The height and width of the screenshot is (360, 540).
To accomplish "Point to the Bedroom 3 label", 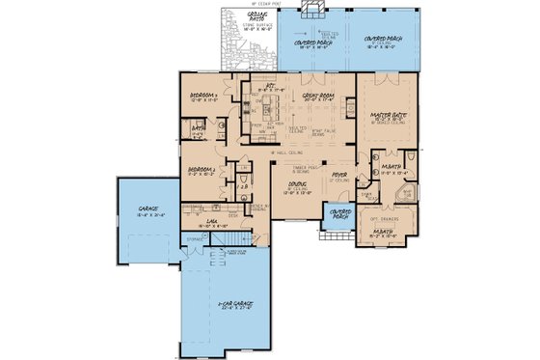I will tap(205, 95).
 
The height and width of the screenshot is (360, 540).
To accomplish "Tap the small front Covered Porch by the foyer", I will tap(339, 213).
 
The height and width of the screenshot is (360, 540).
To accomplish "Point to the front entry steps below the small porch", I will tap(339, 229).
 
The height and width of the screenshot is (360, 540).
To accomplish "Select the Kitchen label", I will tap(258, 88).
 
